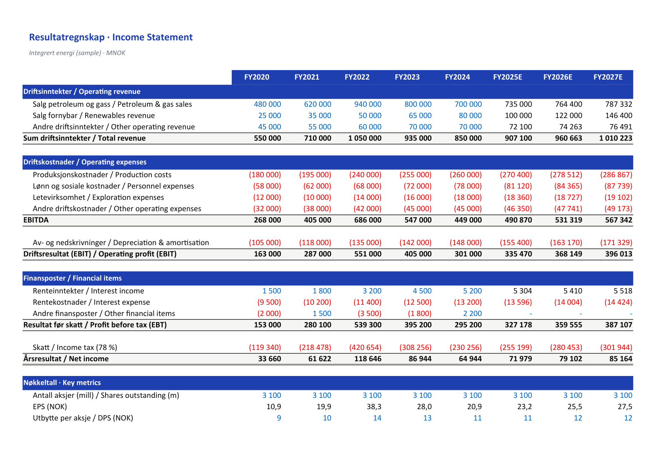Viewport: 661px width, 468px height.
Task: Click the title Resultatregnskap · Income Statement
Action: tap(111, 37)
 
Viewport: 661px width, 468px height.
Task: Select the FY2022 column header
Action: tap(357, 77)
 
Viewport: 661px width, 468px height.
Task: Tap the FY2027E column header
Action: tap(608, 77)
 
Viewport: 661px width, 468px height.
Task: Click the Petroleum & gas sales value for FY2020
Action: tap(268, 104)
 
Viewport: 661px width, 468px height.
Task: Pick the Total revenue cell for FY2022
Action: tap(365, 138)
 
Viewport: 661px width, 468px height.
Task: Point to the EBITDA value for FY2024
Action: tap(468, 220)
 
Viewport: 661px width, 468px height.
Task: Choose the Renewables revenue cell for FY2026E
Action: tap(569, 116)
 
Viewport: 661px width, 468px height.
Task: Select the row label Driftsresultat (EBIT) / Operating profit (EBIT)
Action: tap(100, 254)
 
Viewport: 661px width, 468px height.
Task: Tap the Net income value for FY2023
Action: tap(420, 359)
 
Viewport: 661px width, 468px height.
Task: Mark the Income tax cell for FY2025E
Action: tap(516, 348)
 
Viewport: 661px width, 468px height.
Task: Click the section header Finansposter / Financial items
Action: tap(72, 278)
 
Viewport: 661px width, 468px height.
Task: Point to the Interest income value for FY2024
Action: tap(473, 291)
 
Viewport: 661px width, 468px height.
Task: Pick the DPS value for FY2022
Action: tap(377, 418)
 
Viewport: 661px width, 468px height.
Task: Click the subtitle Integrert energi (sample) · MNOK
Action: tap(77, 53)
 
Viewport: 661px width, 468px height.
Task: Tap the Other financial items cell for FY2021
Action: tap(322, 314)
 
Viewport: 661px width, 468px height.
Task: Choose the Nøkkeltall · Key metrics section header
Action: tap(62, 383)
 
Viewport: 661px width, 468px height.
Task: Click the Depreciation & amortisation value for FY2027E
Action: tap(616, 243)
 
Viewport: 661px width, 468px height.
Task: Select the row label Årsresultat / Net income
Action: tap(66, 359)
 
